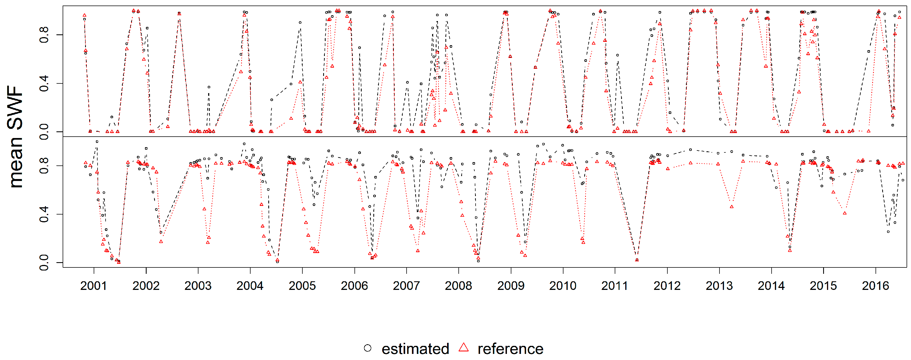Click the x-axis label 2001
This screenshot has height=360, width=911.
pos(93,286)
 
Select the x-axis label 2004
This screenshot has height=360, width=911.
pos(250,286)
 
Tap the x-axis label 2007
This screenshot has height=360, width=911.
pos(406,286)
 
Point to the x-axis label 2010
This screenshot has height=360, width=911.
pos(562,286)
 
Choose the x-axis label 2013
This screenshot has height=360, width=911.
pos(719,286)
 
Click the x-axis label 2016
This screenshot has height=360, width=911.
pos(875,286)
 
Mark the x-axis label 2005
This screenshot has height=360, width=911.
pos(302,286)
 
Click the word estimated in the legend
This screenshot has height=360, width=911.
pos(415,349)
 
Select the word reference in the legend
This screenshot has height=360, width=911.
pos(510,349)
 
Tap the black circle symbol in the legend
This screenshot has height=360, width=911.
pos(368,348)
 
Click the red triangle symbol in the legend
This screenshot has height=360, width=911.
pos(463,348)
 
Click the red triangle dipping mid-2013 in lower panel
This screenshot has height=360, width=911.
pos(731,207)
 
